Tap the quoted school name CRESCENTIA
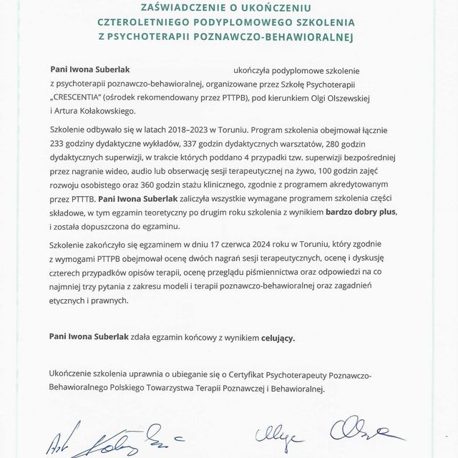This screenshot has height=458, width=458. [87, 97]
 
